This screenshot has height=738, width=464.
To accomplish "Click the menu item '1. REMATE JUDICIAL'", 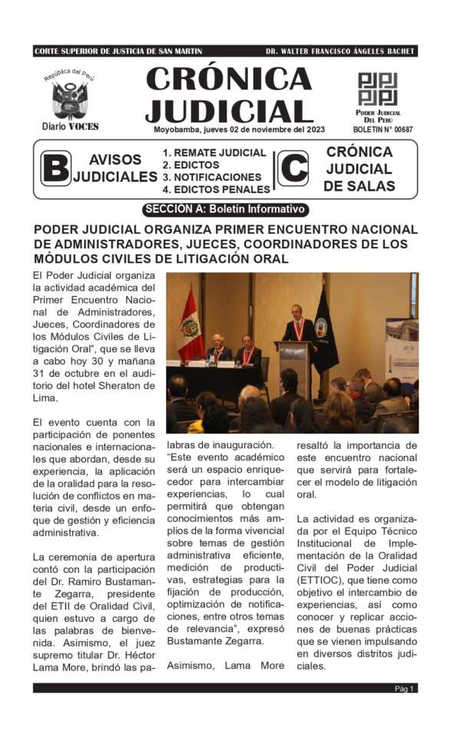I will click(214, 153).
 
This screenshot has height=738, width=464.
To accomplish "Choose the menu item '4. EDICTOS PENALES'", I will click(216, 189).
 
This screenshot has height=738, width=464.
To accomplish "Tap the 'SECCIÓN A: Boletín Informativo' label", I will click(226, 209).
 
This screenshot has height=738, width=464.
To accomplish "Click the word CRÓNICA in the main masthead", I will click(229, 79).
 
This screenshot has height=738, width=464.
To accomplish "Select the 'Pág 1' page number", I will click(405, 689).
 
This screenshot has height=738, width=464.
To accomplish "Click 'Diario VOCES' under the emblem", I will click(70, 126).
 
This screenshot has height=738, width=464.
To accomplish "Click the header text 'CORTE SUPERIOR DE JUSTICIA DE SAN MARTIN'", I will click(118, 52).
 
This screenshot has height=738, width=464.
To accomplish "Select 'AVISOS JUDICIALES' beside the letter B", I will click(115, 168).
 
